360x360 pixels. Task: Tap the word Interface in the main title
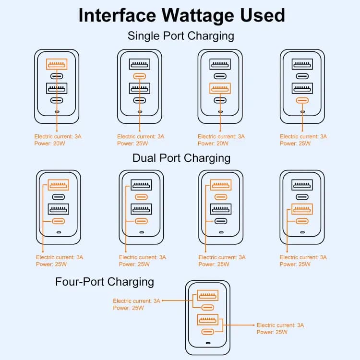[x=117, y=15]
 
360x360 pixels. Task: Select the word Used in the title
[x=263, y=15]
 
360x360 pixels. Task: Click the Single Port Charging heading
[x=181, y=36]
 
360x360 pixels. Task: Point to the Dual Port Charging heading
[x=181, y=158]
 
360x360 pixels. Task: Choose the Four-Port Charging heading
[x=105, y=282]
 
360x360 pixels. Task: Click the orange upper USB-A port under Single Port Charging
[x=57, y=64]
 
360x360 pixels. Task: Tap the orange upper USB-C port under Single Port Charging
[x=140, y=76]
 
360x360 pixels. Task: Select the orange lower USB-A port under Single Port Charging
[x=220, y=88]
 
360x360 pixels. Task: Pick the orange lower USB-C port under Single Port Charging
[x=302, y=100]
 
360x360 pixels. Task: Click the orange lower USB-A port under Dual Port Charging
[x=302, y=209]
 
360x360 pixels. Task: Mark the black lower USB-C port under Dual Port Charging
[x=221, y=221]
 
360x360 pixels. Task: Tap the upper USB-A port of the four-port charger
[x=207, y=295]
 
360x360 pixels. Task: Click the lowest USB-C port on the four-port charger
[x=207, y=332]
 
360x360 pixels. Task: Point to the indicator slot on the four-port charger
[x=208, y=343]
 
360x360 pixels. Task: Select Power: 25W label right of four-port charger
[x=272, y=332]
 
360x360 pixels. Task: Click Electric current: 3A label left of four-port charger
[x=136, y=301]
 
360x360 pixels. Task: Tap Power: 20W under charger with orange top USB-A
[x=49, y=144]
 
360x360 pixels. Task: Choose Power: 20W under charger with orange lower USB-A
[x=213, y=144]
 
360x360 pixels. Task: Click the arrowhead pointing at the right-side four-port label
[x=253, y=325]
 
